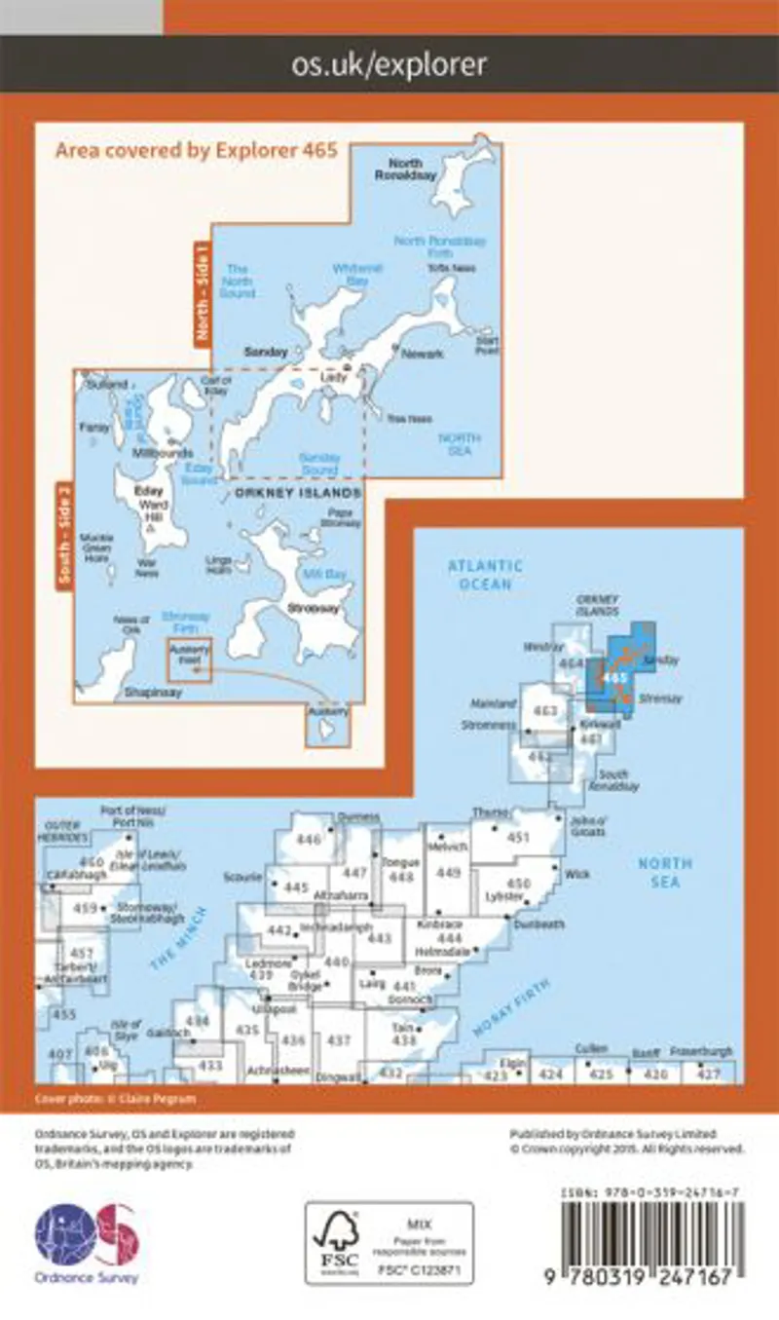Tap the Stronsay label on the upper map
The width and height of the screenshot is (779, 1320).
click(305, 607)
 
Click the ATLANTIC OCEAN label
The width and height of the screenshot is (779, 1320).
click(485, 575)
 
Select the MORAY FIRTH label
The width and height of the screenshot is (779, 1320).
click(511, 1007)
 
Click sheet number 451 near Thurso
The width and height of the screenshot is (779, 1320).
click(518, 837)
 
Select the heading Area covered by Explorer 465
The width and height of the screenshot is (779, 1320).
click(196, 150)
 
